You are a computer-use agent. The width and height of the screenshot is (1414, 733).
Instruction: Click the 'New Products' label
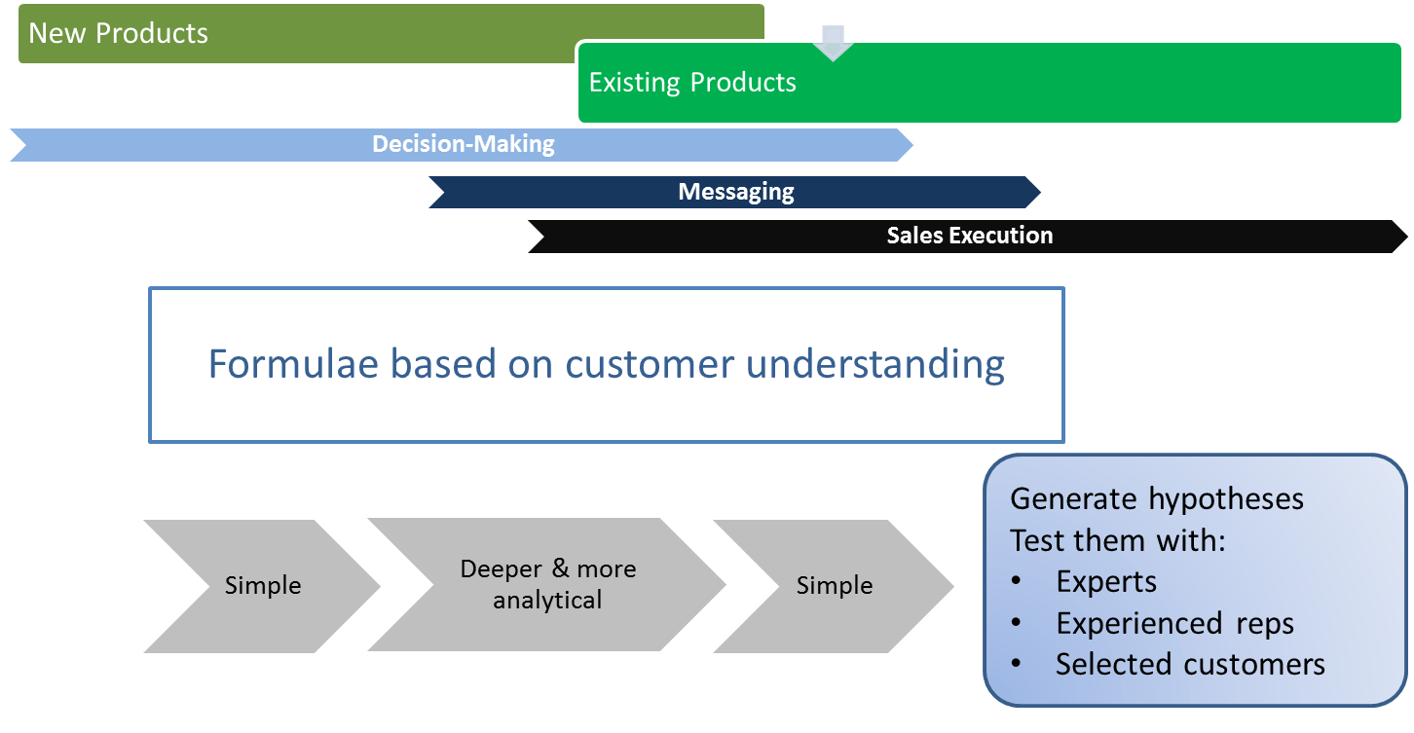[x=118, y=33]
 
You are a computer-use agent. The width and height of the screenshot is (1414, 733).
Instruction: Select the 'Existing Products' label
[x=692, y=83]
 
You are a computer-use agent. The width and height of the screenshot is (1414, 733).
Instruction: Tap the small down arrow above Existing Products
[x=834, y=43]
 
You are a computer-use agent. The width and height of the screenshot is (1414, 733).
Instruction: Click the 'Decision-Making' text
[x=464, y=144]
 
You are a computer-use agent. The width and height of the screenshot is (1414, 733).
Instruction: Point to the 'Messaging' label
[x=736, y=192]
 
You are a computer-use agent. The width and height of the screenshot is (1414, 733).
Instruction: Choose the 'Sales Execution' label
[x=970, y=236]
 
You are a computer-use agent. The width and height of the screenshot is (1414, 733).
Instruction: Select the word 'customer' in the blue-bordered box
[x=650, y=365]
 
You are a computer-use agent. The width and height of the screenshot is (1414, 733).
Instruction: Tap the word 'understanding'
[x=874, y=365]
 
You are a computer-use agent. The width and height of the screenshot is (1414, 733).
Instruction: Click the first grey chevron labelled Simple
[x=263, y=586]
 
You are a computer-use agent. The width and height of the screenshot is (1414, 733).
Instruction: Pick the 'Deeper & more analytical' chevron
[x=547, y=585]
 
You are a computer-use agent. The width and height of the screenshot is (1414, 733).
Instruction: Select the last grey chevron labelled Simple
[x=834, y=586]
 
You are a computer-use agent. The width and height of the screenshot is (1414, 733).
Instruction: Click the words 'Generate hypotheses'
[x=1157, y=499]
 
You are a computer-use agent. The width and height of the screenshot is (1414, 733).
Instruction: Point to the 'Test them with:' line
[x=1117, y=540]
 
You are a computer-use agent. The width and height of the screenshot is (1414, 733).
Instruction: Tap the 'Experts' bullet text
[x=1106, y=581]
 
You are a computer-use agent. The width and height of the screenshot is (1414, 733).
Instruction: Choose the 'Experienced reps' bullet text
[x=1174, y=623]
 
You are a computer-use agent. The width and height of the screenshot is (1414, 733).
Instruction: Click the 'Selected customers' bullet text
[x=1190, y=664]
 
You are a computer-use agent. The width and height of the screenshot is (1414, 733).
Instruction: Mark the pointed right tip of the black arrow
[x=1407, y=237]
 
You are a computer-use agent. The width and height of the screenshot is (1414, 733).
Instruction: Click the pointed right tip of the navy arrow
[x=1040, y=192]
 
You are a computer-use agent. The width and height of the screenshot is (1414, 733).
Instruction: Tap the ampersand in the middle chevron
[x=560, y=568]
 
